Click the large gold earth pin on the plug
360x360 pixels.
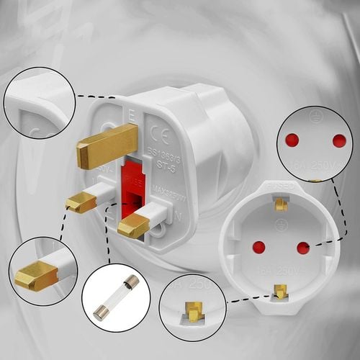107,144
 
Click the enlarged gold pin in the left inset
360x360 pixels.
37,274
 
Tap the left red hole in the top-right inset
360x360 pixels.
292,140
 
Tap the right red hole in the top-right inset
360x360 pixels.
338,140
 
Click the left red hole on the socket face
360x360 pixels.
258,247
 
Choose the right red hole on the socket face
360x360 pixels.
303,248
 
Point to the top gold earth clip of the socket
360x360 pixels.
281,204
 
